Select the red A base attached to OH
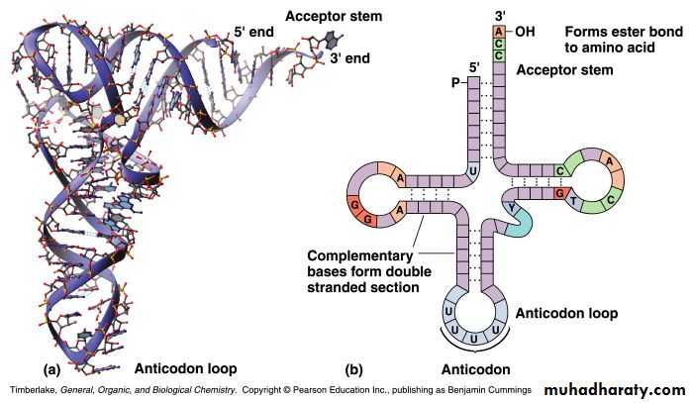(x=499, y=31)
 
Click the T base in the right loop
(x=575, y=201)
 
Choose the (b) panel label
(x=353, y=368)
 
